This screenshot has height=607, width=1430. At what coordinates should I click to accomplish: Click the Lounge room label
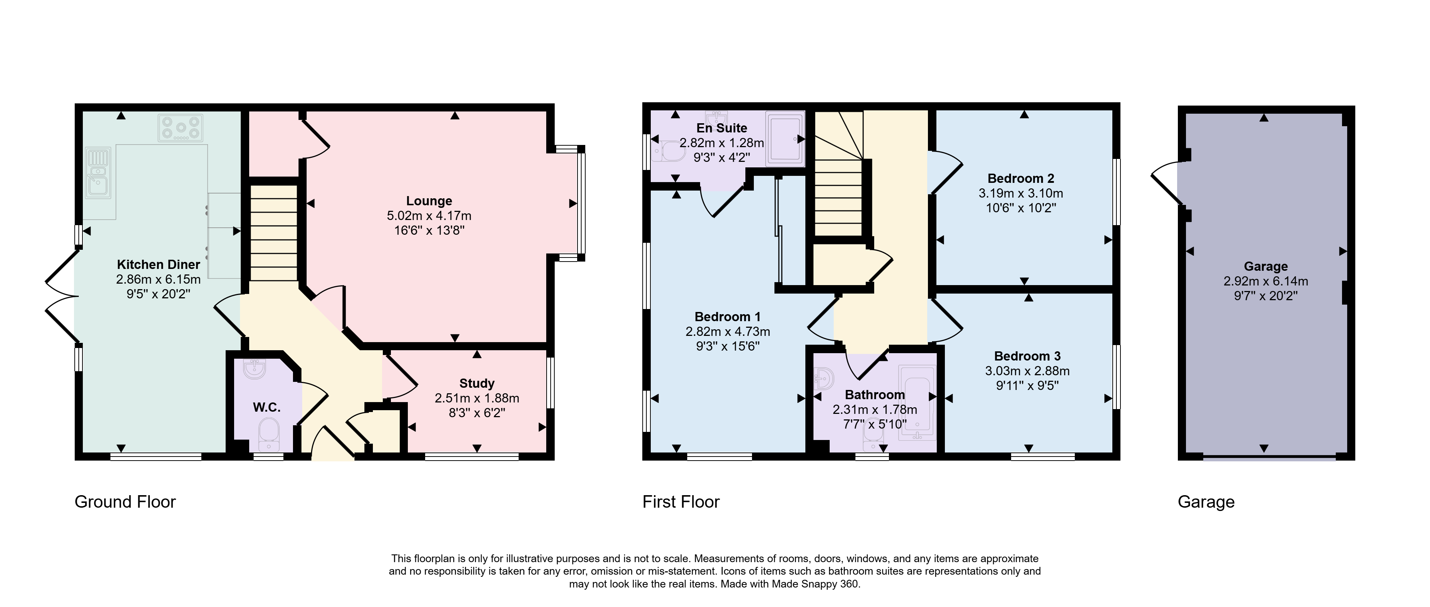pyautogui.click(x=429, y=201)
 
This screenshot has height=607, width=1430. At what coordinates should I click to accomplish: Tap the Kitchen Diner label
pyautogui.click(x=158, y=265)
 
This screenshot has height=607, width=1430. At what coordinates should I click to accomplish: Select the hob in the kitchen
pyautogui.click(x=180, y=128)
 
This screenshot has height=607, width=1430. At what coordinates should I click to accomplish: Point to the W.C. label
pyautogui.click(x=266, y=407)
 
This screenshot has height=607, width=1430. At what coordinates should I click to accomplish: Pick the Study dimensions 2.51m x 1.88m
pyautogui.click(x=477, y=398)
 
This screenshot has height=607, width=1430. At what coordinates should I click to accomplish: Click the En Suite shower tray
pyautogui.click(x=785, y=139)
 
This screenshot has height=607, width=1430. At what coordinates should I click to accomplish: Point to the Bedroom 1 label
pyautogui.click(x=727, y=317)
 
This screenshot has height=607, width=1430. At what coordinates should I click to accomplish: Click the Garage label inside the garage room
pyautogui.click(x=1266, y=266)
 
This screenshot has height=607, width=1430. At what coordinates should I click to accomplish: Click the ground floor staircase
pyautogui.click(x=274, y=233)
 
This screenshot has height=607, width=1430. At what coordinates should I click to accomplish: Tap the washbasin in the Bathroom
pyautogui.click(x=825, y=380)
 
